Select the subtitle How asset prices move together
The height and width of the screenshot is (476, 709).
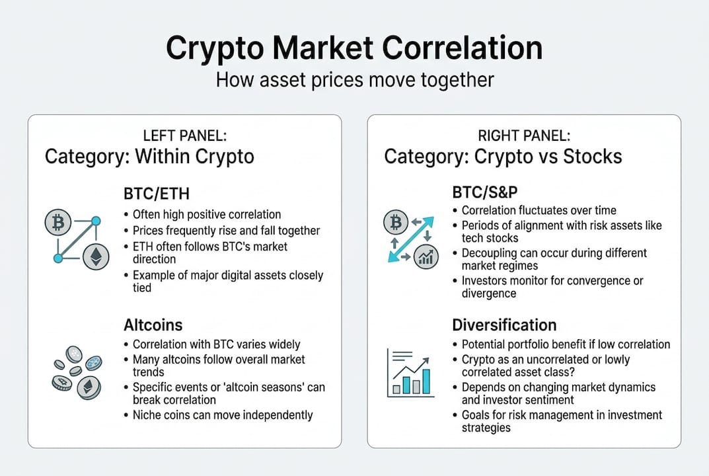click(354, 80)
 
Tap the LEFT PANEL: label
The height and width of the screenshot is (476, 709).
click(184, 136)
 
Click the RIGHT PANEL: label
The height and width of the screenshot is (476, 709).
click(523, 136)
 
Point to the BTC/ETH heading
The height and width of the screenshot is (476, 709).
click(156, 195)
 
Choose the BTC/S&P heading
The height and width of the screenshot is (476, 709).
click(484, 192)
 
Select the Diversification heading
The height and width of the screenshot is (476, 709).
click(504, 325)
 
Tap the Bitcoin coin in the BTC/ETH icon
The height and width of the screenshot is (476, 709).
click(57, 225)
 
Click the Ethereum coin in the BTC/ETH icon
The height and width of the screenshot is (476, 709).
click(96, 257)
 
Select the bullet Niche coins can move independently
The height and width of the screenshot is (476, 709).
click(223, 415)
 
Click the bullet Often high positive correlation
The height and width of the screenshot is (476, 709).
click(207, 214)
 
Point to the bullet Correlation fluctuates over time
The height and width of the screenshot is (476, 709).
click(539, 210)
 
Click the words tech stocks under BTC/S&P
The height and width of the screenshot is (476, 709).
click(488, 238)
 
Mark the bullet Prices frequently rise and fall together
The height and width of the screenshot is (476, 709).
click(226, 231)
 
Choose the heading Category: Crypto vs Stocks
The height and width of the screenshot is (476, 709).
click(503, 157)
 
